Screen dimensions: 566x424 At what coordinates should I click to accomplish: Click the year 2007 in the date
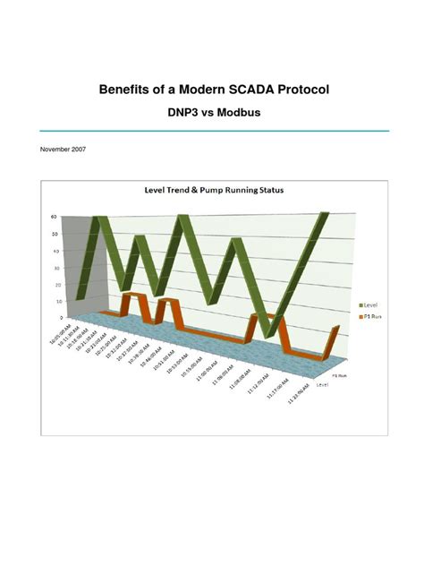tap(73, 151)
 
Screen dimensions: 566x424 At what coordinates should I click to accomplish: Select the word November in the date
tap(49, 151)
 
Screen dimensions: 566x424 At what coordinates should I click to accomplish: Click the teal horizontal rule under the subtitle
tap(212, 131)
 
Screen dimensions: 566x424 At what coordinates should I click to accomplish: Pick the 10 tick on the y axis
tap(58, 300)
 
